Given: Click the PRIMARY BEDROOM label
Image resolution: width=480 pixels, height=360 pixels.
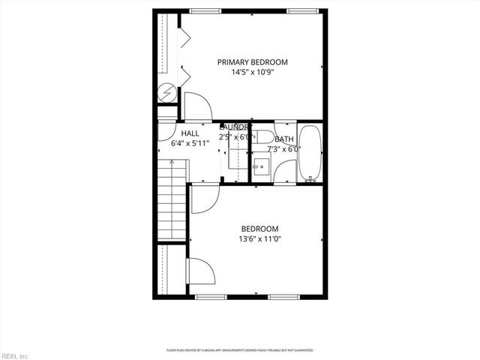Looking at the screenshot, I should [252, 62].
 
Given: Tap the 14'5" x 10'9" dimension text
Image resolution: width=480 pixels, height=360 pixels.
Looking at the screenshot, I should [252, 73].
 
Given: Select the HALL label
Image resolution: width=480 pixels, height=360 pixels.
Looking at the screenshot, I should [190, 133].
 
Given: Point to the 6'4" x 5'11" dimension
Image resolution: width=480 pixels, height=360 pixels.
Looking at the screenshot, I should [190, 142].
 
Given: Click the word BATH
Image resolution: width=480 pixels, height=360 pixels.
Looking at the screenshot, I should [284, 139].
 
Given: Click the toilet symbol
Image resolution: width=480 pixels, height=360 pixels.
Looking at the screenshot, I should [260, 136].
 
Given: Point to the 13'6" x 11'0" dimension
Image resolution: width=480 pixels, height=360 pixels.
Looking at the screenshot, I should [259, 239].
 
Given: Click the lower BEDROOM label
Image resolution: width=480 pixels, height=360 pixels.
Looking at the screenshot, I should [259, 229].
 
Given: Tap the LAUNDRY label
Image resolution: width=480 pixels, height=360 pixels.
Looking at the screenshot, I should [235, 127].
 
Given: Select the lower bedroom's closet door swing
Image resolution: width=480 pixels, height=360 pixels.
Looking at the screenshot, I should [199, 270].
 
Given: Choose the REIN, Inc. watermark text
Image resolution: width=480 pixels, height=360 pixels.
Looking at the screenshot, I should [15, 355].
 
